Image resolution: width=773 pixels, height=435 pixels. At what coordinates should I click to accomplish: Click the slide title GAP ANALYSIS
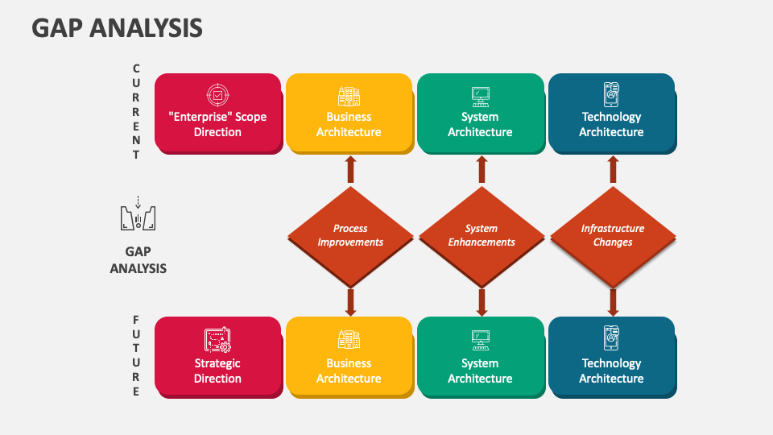[118, 29]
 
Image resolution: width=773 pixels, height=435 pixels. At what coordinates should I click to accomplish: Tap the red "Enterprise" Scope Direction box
[217, 114]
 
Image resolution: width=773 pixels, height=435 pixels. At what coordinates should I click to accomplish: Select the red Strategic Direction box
[217, 357]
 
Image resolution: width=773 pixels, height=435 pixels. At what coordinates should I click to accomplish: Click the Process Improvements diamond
[350, 235]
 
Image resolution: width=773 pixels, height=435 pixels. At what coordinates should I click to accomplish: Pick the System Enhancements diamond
[482, 235]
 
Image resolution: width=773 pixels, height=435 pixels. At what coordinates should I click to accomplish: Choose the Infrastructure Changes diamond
[613, 235]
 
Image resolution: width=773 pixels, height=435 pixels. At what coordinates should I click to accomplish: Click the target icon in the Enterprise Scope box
[217, 94]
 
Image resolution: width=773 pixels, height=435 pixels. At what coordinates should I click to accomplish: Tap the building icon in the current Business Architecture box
[349, 95]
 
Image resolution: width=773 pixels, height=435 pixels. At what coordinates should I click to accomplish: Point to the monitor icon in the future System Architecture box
[481, 339]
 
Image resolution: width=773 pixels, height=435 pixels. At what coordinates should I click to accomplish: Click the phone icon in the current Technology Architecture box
[611, 94]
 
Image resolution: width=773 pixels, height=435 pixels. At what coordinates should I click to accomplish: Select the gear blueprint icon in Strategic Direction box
[217, 340]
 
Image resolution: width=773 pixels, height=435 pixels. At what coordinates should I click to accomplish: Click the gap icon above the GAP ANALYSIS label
[138, 215]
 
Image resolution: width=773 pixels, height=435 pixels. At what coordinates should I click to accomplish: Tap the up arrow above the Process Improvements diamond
[350, 169]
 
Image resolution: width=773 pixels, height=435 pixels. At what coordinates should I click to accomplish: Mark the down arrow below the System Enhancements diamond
[482, 302]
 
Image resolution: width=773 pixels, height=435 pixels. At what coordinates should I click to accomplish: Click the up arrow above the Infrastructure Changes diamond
[613, 169]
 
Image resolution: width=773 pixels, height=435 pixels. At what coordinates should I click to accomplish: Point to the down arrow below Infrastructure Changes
[613, 302]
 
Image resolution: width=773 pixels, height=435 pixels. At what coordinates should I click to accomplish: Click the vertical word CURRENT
[136, 112]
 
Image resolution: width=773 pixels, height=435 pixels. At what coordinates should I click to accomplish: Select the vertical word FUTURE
[136, 355]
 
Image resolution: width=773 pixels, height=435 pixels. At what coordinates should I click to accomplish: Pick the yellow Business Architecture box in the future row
[349, 357]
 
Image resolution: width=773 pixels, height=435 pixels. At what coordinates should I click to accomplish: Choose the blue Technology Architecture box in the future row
[611, 357]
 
